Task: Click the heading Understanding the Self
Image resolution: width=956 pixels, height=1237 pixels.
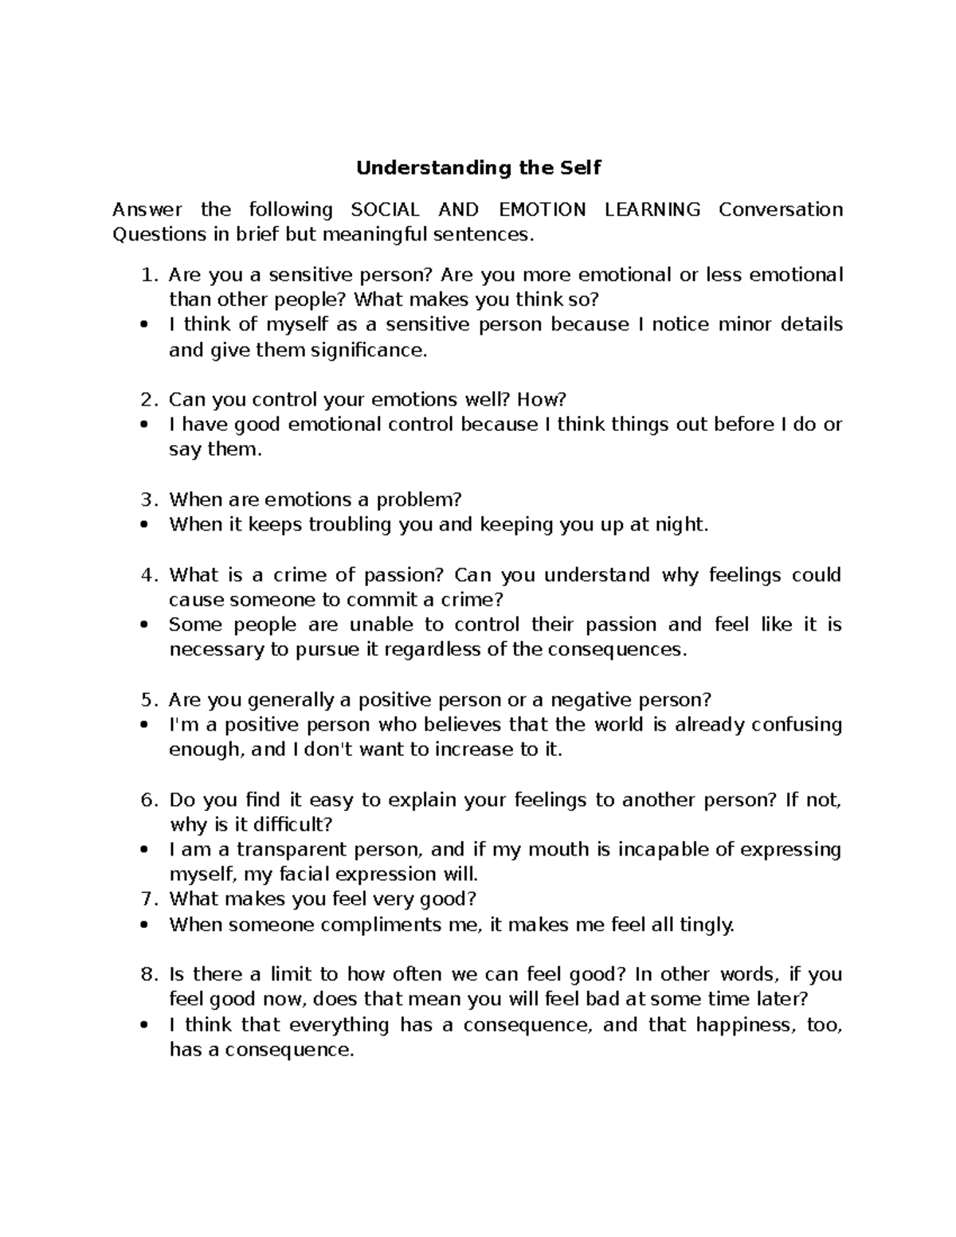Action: click(478, 168)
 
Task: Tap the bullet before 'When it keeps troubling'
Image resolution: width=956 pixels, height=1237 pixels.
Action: click(144, 525)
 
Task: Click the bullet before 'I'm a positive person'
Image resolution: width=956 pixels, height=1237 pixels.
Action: click(144, 726)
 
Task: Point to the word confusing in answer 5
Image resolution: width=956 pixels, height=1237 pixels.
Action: click(796, 725)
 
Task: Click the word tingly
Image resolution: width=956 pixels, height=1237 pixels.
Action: click(705, 925)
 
